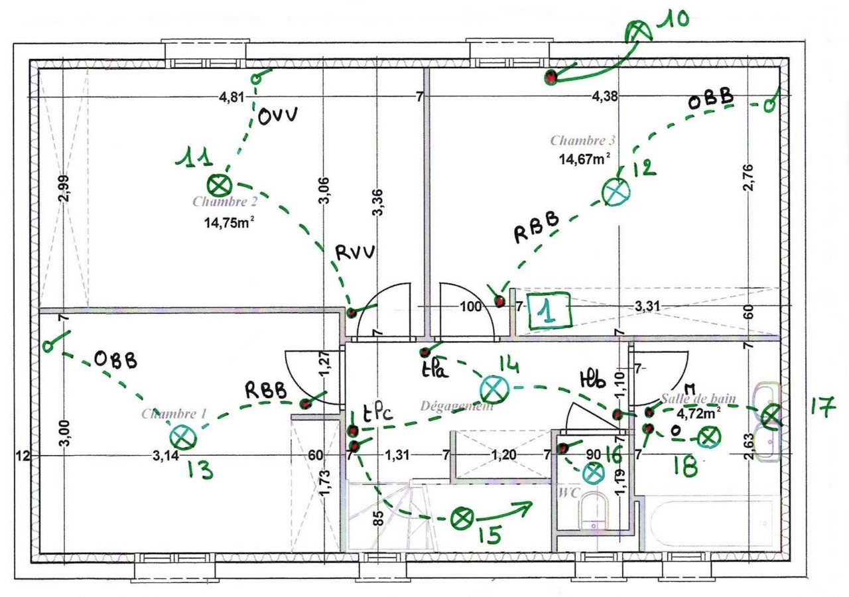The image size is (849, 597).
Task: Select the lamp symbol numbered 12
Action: (x=616, y=192)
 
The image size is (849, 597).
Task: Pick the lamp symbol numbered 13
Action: (x=182, y=436)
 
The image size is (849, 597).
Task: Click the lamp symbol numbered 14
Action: (x=493, y=388)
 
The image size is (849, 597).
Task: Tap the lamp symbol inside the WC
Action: (x=593, y=473)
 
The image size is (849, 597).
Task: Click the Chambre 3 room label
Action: (x=582, y=141)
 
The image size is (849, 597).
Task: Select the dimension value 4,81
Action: (x=232, y=98)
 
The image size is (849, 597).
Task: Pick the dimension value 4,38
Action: (x=604, y=97)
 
